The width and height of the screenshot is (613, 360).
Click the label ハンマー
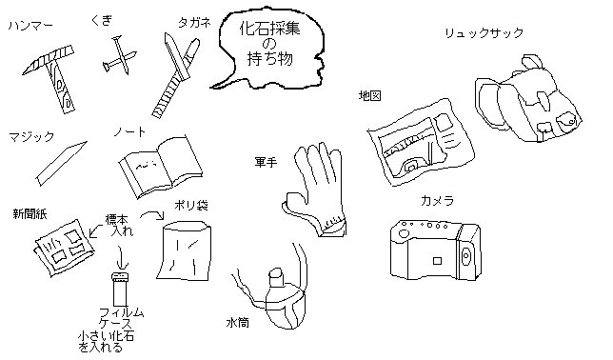[30, 26]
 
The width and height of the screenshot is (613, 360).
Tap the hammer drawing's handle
[61, 88]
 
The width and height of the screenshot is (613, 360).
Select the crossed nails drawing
[120, 55]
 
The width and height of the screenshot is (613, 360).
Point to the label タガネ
[195, 23]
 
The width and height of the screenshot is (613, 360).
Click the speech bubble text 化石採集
[269, 29]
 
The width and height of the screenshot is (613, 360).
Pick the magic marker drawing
[62, 163]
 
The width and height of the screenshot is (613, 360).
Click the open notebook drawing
[161, 167]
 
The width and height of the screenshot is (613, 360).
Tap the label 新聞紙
[30, 213]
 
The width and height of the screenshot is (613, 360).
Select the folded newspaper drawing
[64, 248]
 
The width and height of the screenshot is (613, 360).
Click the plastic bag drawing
[184, 250]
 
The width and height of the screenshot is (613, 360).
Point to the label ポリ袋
[191, 205]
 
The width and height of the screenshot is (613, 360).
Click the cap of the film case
[120, 276]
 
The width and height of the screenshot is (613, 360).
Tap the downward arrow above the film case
[122, 258]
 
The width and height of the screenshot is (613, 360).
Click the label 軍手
[266, 162]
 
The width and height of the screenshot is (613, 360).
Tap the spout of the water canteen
[276, 277]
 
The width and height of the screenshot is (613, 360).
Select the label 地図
[370, 95]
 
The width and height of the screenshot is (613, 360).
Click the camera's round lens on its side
[466, 256]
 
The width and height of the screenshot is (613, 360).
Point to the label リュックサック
[484, 33]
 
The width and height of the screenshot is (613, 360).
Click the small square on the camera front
[437, 261]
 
